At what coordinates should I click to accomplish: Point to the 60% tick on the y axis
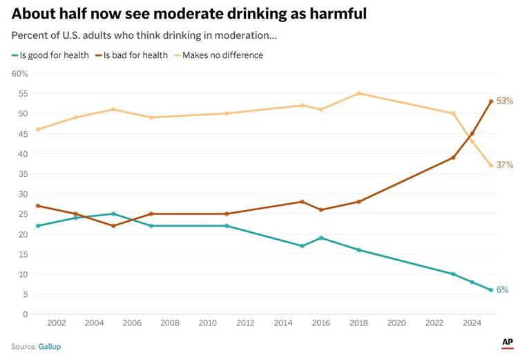(19, 73)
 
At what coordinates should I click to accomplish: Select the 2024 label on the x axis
(472, 323)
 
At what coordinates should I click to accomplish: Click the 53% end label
(505, 101)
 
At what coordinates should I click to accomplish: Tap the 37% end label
(505, 165)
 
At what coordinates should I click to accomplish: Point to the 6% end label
(502, 290)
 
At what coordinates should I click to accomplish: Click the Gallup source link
(49, 346)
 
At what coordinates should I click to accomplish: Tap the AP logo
(507, 342)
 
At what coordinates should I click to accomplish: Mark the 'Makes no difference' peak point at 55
(359, 93)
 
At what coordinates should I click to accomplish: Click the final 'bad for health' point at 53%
(491, 102)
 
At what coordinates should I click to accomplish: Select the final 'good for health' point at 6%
(491, 290)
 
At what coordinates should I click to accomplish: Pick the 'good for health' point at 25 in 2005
(113, 214)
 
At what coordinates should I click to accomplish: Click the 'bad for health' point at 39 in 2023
(453, 158)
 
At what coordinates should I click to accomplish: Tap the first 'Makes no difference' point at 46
(37, 129)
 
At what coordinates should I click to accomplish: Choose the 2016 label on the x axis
(321, 323)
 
